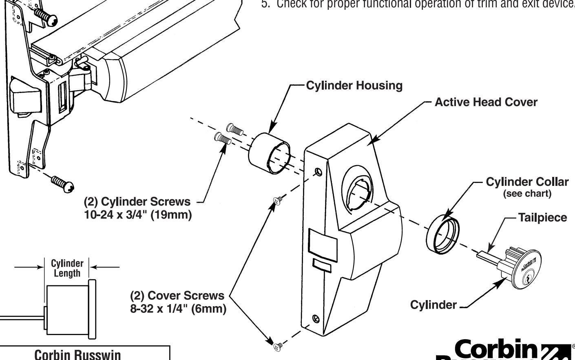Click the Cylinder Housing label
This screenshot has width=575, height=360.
[x=354, y=86]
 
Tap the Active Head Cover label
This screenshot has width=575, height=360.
[x=486, y=102]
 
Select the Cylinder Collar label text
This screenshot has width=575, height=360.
[x=527, y=182]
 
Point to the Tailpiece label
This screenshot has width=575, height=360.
[x=542, y=218]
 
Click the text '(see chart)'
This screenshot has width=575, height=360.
[x=527, y=194]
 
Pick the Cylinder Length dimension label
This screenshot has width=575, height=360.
[x=67, y=268]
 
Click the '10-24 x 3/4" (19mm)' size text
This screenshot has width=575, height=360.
[x=138, y=215]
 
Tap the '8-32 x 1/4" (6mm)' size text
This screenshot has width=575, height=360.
[x=178, y=309]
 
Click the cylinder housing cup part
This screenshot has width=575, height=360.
[x=269, y=153]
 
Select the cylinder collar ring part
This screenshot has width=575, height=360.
[x=442, y=234]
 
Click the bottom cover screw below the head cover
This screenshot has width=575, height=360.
[x=279, y=346]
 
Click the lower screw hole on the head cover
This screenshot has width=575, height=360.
[x=315, y=318]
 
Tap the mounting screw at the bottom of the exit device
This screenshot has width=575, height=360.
[x=63, y=183]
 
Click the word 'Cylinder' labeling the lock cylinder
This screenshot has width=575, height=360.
[x=433, y=305]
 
